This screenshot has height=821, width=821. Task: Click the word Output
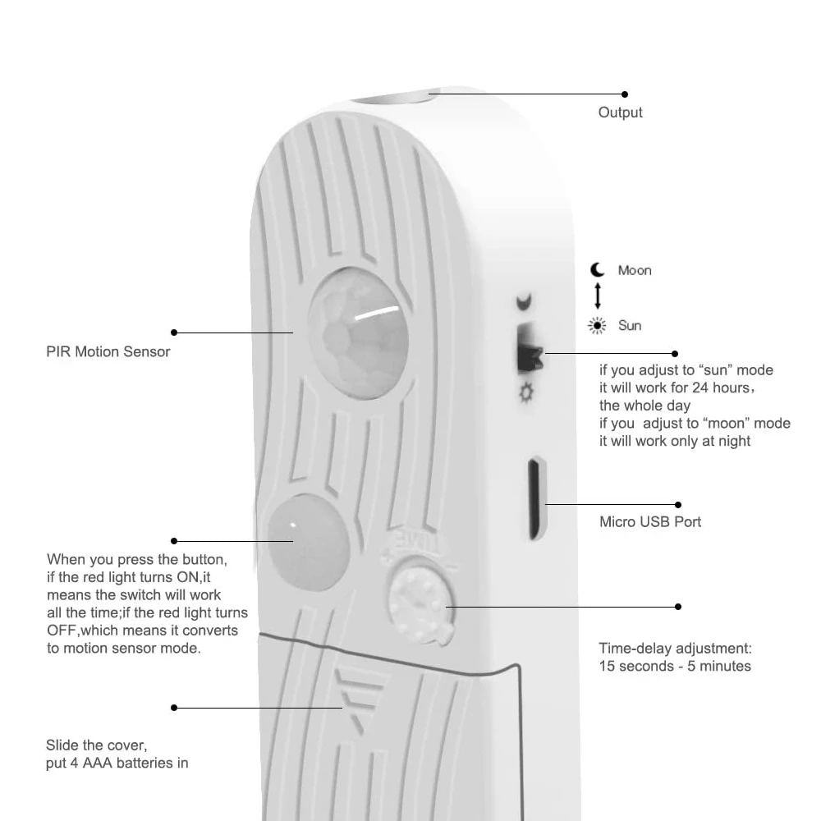point(620,112)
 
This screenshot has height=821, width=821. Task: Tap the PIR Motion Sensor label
point(108,351)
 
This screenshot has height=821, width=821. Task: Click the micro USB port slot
point(535,498)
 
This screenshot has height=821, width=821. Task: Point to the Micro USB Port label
point(650,521)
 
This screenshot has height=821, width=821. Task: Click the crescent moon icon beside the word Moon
point(598,270)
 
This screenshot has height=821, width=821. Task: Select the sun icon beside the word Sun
point(597,326)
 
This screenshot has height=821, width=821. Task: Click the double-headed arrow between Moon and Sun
point(598,296)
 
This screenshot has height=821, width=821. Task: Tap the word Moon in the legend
point(635,270)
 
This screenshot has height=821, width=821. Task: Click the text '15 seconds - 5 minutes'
point(674,666)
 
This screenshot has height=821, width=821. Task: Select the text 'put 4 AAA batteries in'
point(117,764)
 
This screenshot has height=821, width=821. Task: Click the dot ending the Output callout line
point(625,94)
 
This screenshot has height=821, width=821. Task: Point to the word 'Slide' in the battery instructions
point(63,745)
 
